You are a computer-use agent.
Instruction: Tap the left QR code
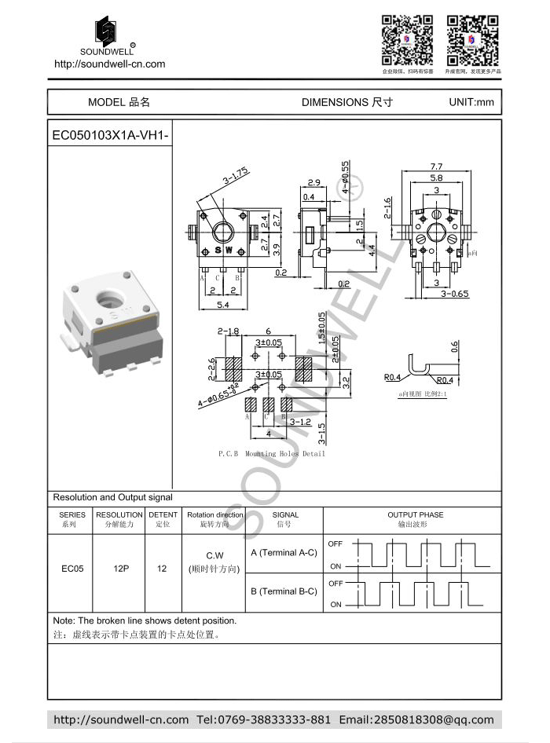(408, 40)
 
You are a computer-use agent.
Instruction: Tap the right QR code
(473, 40)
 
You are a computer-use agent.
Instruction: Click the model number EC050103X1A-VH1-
(110, 135)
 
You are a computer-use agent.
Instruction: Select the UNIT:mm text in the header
(471, 102)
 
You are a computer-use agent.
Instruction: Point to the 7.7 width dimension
(436, 167)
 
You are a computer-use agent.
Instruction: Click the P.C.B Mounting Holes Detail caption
(271, 454)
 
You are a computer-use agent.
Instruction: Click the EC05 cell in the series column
(72, 569)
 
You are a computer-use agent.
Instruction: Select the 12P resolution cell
(120, 569)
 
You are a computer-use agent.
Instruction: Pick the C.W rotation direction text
(214, 555)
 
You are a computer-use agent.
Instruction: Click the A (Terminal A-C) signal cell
(284, 552)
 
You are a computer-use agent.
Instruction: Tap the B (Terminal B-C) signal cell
(284, 591)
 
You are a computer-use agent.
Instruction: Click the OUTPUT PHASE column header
(415, 515)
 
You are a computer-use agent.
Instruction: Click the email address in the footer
(416, 719)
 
